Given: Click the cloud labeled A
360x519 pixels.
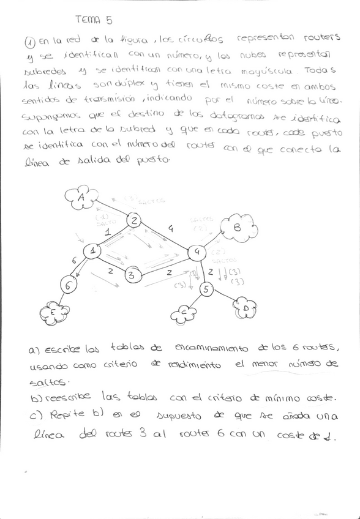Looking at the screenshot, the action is (81, 197).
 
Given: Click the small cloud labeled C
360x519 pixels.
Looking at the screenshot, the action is (182, 313).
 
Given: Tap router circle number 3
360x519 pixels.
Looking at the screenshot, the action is (130, 275).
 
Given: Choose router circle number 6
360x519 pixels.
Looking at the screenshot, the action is (69, 285).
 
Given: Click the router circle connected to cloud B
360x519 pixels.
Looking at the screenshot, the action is (197, 251).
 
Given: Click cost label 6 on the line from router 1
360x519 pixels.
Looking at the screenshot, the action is (74, 261).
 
